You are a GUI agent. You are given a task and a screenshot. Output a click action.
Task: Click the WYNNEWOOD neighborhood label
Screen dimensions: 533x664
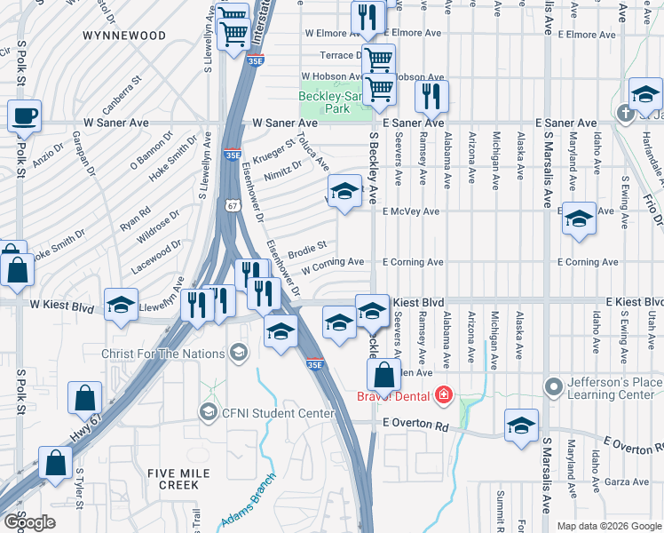[x=124, y=36]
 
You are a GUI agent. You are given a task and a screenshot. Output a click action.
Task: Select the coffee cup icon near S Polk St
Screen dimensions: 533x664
[x=24, y=115]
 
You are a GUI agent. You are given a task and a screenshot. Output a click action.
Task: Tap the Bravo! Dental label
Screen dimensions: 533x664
[x=396, y=395]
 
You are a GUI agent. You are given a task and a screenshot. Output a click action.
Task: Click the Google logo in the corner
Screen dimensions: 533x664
[x=28, y=522]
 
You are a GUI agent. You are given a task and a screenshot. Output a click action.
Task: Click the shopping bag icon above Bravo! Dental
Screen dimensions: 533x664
[x=383, y=373]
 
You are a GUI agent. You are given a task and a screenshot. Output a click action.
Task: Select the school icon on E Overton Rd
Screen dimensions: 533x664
[x=521, y=425]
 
